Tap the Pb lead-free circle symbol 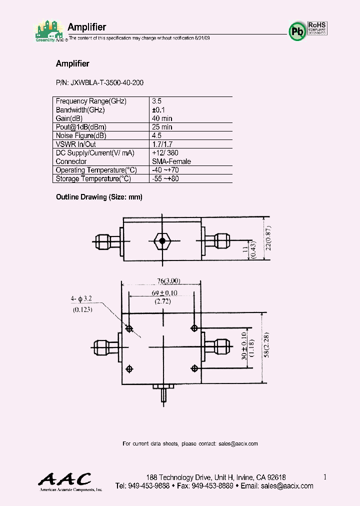click(297, 31)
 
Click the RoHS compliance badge click(316, 28)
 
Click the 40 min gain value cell click(162, 118)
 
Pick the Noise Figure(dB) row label click(81, 135)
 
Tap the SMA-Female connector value click(171, 161)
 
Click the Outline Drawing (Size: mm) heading click(99, 197)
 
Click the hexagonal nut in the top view click(161, 241)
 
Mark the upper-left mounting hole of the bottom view click(130, 328)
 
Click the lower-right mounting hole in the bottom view click(194, 368)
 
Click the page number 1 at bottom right click(325, 477)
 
